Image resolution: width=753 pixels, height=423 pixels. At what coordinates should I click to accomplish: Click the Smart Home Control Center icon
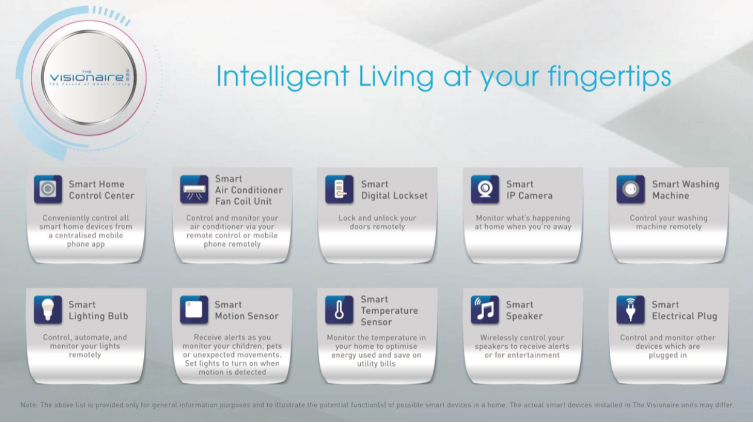click(48, 189)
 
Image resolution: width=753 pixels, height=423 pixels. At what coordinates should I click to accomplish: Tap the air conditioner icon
click(194, 189)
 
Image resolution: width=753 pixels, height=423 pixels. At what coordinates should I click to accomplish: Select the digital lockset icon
click(339, 189)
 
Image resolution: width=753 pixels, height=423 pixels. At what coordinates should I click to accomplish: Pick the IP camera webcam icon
click(485, 189)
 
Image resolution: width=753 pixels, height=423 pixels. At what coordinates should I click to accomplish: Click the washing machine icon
click(630, 189)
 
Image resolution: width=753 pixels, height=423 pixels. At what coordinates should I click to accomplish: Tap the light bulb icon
click(48, 309)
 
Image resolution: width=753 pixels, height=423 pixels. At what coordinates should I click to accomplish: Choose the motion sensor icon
click(194, 309)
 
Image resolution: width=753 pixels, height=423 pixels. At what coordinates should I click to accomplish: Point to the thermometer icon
click(339, 309)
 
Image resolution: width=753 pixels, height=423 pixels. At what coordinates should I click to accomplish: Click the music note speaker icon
click(485, 309)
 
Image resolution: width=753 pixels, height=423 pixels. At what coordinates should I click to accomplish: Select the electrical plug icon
click(630, 309)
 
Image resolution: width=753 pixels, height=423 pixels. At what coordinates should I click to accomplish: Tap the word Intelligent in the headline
click(283, 77)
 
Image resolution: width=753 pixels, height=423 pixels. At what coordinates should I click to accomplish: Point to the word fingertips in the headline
click(609, 77)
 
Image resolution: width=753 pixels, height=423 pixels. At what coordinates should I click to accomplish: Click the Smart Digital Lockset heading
click(394, 190)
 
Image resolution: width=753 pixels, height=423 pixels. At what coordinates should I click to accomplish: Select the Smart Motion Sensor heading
click(247, 311)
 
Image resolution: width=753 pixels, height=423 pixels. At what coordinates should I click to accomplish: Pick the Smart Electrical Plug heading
click(685, 311)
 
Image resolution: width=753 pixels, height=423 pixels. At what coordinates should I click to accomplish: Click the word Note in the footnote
click(28, 405)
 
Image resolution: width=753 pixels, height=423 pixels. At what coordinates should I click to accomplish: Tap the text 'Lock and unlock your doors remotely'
click(377, 222)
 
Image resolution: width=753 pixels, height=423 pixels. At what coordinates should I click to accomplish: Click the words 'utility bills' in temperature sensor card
click(376, 364)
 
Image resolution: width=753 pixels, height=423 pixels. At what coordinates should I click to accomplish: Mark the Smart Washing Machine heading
click(686, 190)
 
